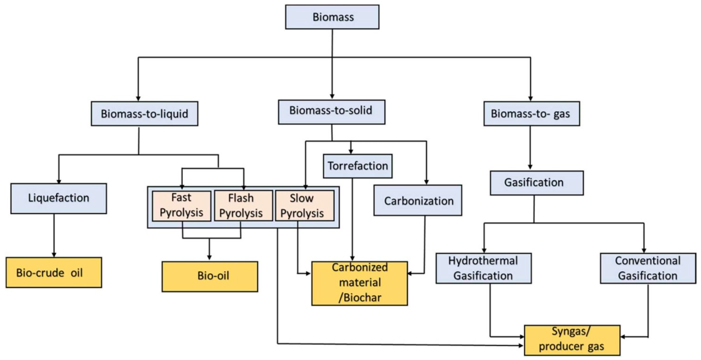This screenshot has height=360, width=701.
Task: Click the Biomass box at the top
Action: click(332, 17)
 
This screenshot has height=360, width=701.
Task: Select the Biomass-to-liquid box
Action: click(144, 113)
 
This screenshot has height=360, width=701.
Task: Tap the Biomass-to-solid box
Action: click(331, 112)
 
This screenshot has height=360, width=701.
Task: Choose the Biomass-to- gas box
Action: click(532, 113)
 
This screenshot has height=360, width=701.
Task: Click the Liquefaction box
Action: click(59, 198)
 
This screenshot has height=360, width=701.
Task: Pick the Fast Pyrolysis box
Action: click(182, 206)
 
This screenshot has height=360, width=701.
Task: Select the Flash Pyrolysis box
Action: click(243, 206)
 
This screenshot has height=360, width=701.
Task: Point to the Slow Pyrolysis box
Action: click(305, 206)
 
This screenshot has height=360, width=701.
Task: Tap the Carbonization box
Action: click(417, 200)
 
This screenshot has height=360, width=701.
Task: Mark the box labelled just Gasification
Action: click(536, 183)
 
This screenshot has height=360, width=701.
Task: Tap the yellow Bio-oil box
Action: click(210, 276)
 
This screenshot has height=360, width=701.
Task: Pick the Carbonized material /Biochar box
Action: click(359, 283)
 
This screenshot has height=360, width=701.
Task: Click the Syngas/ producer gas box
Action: click(572, 340)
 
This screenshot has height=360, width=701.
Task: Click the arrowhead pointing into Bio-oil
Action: click(209, 257)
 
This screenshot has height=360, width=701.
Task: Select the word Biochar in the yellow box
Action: click(363, 298)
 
